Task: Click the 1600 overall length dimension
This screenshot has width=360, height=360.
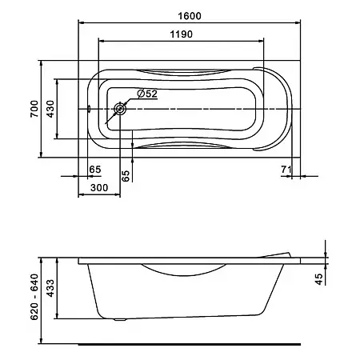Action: click(x=190, y=16)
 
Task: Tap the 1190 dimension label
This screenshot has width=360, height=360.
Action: click(x=181, y=34)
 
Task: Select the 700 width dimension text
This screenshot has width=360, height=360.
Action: click(x=34, y=109)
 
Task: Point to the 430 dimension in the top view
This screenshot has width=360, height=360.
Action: click(x=50, y=109)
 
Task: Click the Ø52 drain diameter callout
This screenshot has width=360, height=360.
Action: click(x=147, y=94)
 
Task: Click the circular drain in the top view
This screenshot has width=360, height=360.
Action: click(x=120, y=109)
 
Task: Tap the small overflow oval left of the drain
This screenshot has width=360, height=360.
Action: click(x=89, y=109)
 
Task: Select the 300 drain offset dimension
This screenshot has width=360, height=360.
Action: click(x=99, y=188)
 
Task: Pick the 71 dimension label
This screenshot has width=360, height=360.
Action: click(x=286, y=169)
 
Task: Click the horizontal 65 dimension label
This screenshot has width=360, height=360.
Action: click(x=95, y=170)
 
